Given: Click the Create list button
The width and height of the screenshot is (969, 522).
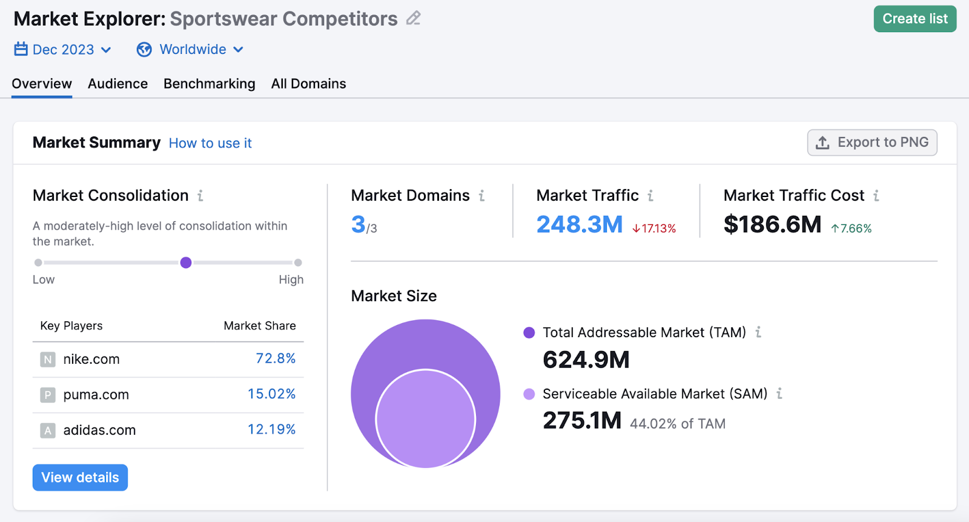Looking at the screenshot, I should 914,19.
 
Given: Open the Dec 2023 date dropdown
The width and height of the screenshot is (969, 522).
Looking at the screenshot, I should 63,50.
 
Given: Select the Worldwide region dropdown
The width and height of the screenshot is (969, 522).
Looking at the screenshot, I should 190,50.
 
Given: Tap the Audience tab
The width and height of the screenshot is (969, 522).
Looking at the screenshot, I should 117,84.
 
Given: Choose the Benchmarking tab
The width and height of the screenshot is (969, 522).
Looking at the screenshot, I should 209,84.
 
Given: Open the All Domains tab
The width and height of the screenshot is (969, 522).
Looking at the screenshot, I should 308,84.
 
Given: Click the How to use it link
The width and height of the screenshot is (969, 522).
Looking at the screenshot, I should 210,143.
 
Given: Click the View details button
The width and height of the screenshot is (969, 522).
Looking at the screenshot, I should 80,478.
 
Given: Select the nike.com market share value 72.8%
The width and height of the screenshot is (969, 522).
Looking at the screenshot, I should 276,358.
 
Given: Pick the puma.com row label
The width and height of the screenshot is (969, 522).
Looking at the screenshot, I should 96,395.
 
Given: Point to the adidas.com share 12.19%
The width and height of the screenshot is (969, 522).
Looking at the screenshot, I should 271,429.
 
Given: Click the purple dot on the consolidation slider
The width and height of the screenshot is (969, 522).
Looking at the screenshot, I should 186,263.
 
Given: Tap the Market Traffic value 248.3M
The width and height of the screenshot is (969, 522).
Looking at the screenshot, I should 579,224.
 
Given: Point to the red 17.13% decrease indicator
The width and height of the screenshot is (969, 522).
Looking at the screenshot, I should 654,229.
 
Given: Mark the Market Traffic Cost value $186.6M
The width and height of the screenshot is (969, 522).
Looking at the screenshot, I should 772,224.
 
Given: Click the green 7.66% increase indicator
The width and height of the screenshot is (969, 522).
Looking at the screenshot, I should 851,229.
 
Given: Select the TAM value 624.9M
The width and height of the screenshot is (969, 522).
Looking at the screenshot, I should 586,360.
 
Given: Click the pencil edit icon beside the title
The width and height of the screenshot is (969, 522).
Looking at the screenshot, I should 414,18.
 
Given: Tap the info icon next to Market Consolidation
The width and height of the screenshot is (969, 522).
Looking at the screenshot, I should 200,195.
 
